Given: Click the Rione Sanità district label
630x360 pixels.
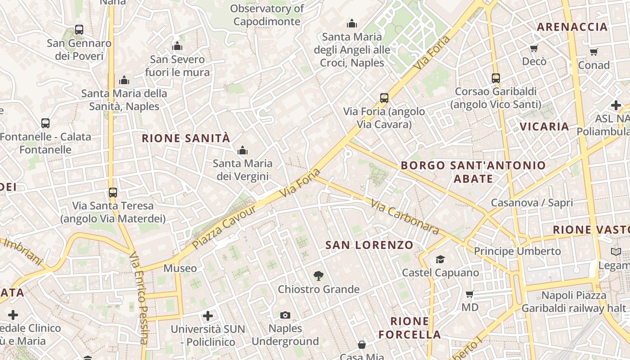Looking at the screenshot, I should coord(186,138).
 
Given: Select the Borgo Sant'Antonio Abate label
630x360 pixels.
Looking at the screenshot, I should coord(473,172).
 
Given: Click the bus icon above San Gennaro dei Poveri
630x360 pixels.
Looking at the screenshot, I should coord(79,30).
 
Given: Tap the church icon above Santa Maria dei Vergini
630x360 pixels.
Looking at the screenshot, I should coord(243,150).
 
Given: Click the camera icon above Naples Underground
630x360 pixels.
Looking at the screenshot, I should coord(285,315).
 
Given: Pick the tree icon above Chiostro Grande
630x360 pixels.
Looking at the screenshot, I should coord(319,275).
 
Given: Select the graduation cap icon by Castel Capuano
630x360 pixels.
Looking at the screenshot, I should coord(440,259).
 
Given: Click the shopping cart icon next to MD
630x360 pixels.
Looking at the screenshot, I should coord(470,294).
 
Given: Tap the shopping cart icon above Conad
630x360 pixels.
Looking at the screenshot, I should coord(594,52).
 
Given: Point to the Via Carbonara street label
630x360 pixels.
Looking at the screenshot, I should coord(405,217).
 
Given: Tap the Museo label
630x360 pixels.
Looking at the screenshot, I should coord(180,269).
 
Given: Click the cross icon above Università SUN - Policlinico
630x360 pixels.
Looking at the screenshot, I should coord(208,316).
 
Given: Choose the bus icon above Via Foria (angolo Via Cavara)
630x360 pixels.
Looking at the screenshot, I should coord(384,98).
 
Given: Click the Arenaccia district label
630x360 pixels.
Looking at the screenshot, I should coord(572,27).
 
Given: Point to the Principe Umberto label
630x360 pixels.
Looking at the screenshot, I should coord(517,251).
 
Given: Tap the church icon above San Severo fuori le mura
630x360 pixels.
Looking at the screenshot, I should coord(177,46).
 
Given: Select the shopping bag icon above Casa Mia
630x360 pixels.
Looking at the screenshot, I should coord(362,345).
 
